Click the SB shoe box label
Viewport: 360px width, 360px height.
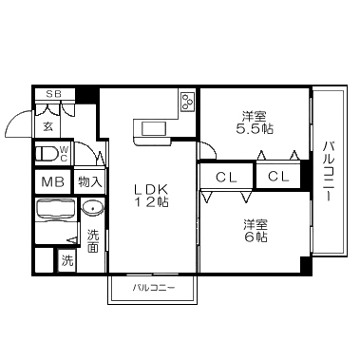(x=54, y=94)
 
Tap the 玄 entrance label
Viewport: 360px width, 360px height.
(x=48, y=126)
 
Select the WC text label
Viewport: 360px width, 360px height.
(x=64, y=154)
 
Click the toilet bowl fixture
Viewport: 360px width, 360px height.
(x=47, y=154)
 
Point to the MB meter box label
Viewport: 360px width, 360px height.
(x=53, y=182)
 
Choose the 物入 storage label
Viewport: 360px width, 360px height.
(x=90, y=182)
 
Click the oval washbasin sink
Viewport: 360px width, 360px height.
(x=92, y=208)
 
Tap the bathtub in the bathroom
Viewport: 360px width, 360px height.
(x=56, y=210)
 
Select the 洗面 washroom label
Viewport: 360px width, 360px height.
(x=93, y=241)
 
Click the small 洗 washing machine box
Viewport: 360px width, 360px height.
(x=67, y=260)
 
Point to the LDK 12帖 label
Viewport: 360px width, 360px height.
(x=151, y=196)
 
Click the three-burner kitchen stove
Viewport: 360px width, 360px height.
(x=187, y=100)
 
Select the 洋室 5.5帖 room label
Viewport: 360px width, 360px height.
(x=254, y=123)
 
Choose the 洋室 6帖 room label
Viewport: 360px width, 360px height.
(x=256, y=231)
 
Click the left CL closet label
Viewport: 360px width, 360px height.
(x=226, y=177)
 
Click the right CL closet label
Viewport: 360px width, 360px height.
(x=278, y=176)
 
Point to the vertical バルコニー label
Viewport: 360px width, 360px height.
(x=329, y=171)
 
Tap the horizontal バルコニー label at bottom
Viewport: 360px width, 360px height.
(x=154, y=288)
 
